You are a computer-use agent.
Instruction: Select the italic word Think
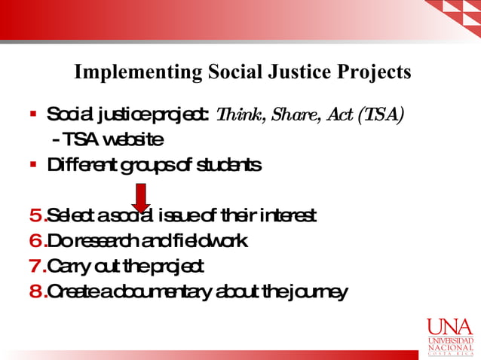(238, 114)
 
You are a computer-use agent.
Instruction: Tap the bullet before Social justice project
(33, 115)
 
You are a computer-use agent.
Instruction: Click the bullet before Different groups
(33, 164)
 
